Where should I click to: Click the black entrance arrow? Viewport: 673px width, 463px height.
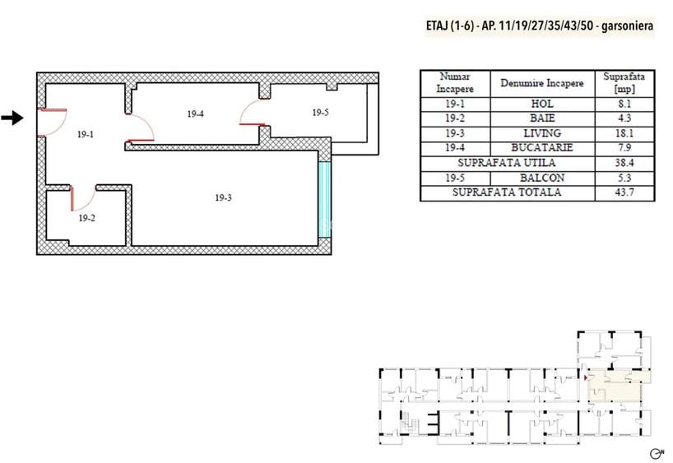pyautogui.click(x=12, y=118)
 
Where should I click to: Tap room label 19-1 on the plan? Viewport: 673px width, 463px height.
pyautogui.click(x=86, y=134)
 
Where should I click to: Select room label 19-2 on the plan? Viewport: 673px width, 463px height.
pyautogui.click(x=86, y=218)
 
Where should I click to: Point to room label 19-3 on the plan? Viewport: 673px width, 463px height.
pyautogui.click(x=223, y=197)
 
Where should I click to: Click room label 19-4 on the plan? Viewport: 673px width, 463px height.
pyautogui.click(x=195, y=113)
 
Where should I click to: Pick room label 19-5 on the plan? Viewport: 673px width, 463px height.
pyautogui.click(x=321, y=113)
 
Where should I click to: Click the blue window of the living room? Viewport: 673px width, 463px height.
pyautogui.click(x=325, y=199)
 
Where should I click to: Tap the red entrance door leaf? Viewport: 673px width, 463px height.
pyautogui.click(x=52, y=110)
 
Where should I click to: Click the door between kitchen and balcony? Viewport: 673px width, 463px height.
pyautogui.click(x=253, y=113)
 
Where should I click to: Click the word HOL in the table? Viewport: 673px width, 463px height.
pyautogui.click(x=542, y=104)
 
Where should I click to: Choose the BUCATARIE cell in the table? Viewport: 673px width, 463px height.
pyautogui.click(x=542, y=147)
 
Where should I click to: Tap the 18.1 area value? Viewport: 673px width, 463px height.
pyautogui.click(x=624, y=133)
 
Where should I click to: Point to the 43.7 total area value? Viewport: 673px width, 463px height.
pyautogui.click(x=624, y=192)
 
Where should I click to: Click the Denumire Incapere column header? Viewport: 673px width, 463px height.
pyautogui.click(x=542, y=83)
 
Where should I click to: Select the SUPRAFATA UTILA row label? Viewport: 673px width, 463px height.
pyautogui.click(x=507, y=163)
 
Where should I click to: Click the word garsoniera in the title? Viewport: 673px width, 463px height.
pyautogui.click(x=628, y=25)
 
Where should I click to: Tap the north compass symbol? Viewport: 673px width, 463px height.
pyautogui.click(x=657, y=453)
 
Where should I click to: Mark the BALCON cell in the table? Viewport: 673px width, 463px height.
pyautogui.click(x=542, y=178)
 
